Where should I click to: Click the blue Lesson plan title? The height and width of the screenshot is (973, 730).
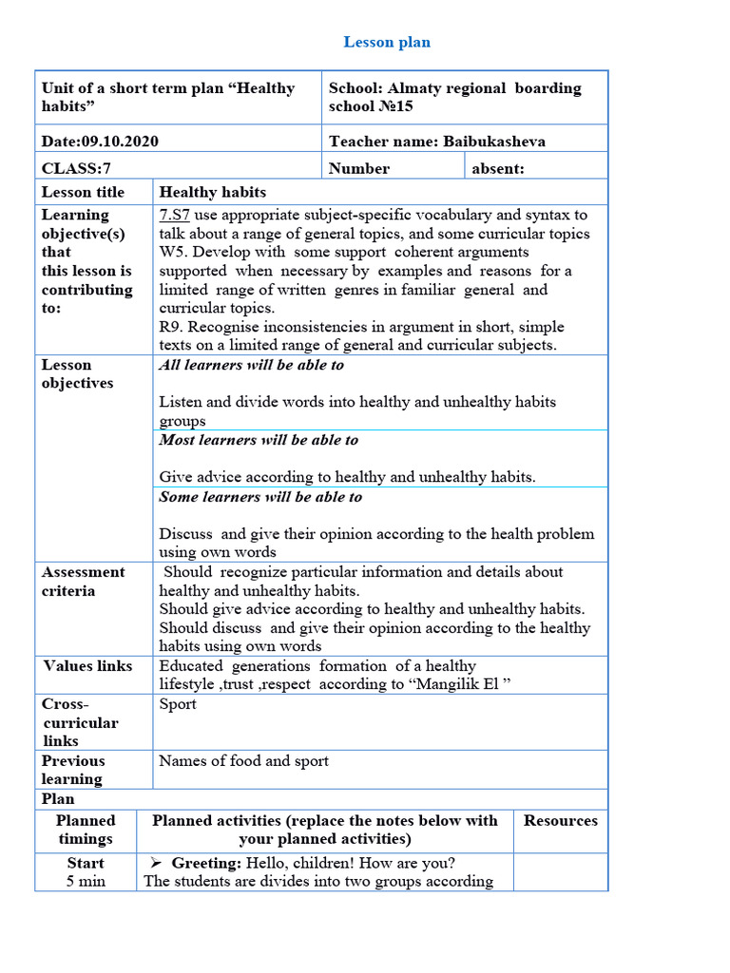click(x=387, y=42)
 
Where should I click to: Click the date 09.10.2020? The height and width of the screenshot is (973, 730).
click(x=120, y=142)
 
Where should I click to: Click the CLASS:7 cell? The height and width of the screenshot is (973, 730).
click(x=71, y=168)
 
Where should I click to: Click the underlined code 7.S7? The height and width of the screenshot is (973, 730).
click(x=174, y=215)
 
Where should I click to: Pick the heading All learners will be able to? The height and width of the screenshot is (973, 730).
click(x=251, y=365)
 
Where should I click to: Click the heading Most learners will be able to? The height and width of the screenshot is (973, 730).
click(x=259, y=440)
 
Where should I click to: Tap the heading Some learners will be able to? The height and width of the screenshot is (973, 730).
click(x=260, y=497)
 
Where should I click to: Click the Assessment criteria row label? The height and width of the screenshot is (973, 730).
click(x=83, y=581)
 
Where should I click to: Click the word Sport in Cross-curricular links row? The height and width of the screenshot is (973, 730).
click(x=178, y=704)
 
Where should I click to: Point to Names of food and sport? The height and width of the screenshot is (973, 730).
click(x=243, y=760)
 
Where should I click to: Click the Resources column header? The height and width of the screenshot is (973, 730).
click(x=561, y=821)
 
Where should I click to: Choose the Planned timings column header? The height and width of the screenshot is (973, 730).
click(x=86, y=830)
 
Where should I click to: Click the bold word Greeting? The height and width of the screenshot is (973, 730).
click(x=206, y=863)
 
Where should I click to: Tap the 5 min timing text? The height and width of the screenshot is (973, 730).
click(x=86, y=881)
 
